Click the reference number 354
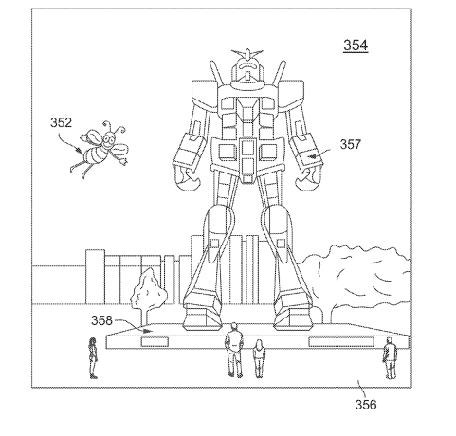356,45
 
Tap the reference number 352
61,122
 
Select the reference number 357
350,144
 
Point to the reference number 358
101,320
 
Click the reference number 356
366,405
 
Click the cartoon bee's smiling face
109,138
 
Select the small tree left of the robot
148,296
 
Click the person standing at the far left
92,358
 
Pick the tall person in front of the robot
234,350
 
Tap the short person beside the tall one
259,359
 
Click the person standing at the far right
390,358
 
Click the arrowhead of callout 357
313,155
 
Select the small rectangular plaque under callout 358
155,342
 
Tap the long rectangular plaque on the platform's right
341,342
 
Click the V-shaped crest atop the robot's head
247,53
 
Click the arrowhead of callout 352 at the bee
81,151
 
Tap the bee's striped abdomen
94,154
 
